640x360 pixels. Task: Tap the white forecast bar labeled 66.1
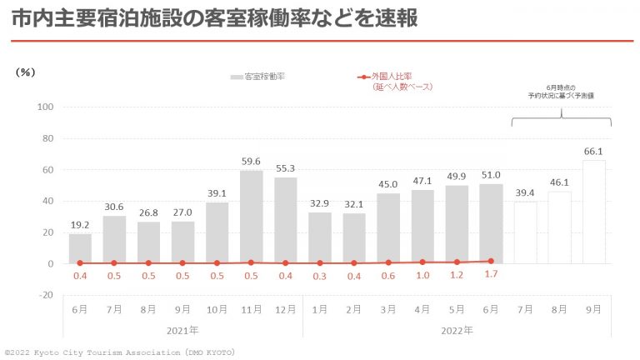click(593, 212)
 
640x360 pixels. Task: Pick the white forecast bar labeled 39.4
click(525, 232)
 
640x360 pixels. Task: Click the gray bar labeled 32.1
click(354, 238)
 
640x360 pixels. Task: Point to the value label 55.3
click(286, 168)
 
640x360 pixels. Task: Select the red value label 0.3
click(320, 276)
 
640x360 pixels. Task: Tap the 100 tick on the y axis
click(45, 107)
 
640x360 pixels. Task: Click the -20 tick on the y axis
click(45, 295)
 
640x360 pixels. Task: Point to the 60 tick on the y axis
click(47, 170)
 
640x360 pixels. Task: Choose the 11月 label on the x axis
click(252, 309)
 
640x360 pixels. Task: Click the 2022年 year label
click(456, 330)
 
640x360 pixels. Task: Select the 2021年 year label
click(182, 330)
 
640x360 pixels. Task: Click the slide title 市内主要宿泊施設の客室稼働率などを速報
click(215, 19)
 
